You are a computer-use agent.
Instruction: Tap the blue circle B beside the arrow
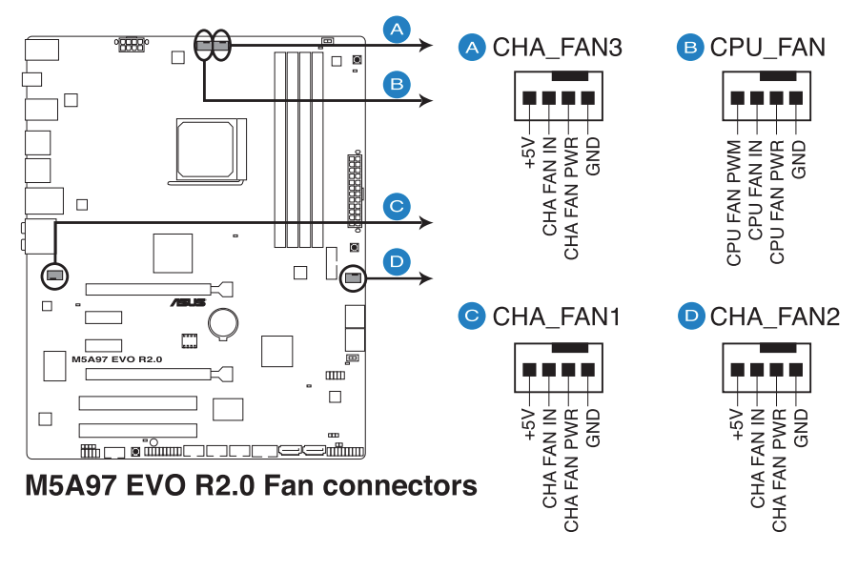pos(398,84)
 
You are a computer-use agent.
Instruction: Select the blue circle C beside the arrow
pos(398,205)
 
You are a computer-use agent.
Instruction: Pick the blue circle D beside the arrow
pos(398,260)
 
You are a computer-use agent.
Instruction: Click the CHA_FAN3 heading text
pos(557,48)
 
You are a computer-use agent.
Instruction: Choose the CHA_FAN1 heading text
pos(557,317)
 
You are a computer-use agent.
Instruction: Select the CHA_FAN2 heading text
pos(774,317)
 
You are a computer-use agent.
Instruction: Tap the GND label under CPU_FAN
pos(799,159)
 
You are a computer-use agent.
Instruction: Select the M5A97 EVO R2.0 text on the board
pos(117,359)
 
